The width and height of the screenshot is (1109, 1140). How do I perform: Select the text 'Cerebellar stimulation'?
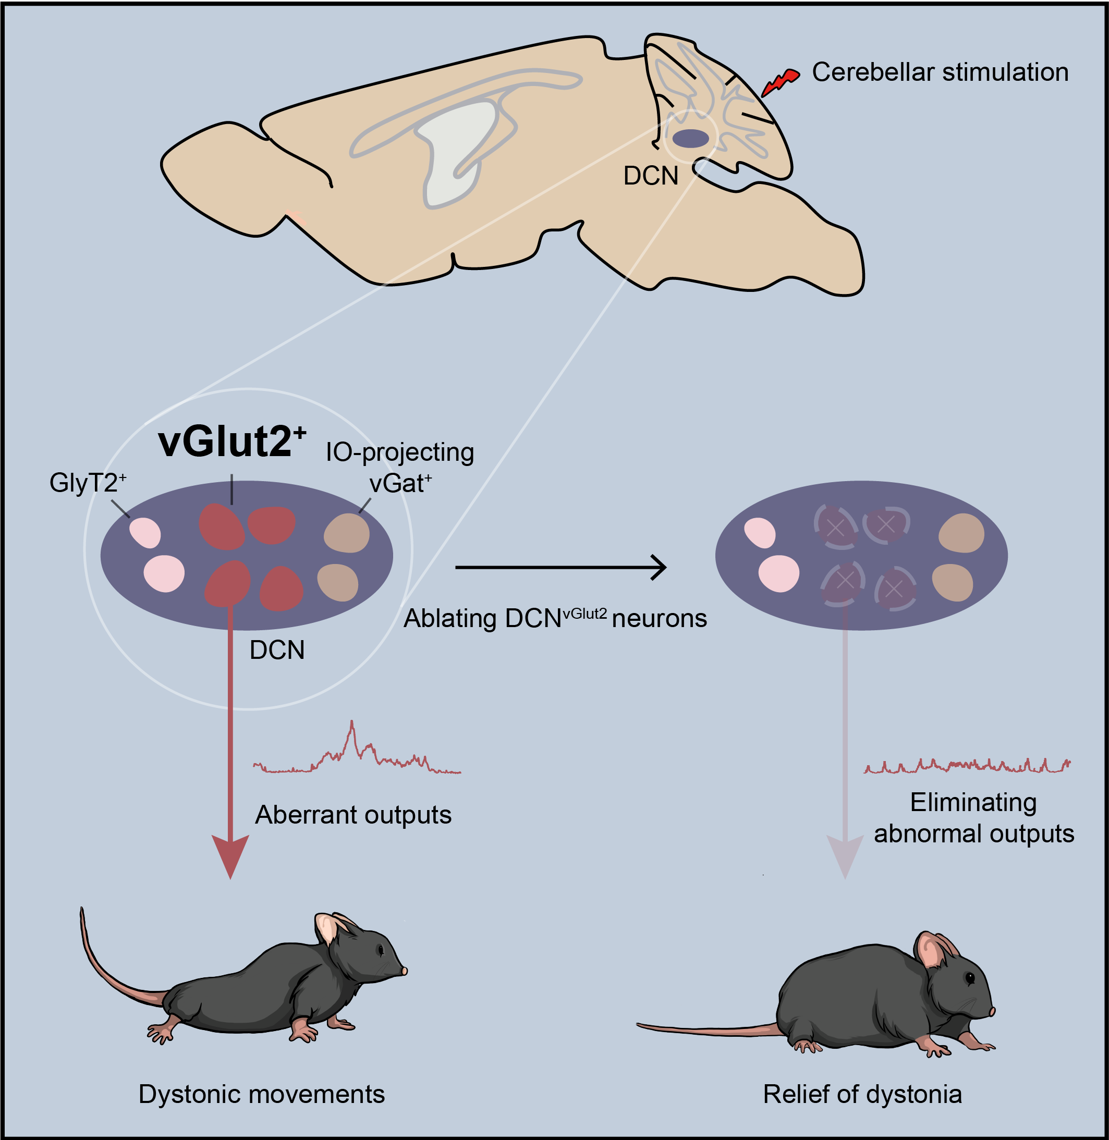coord(940,72)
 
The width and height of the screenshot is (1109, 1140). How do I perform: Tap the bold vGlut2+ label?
coord(232,442)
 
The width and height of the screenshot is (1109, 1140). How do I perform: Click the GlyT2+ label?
coord(88,483)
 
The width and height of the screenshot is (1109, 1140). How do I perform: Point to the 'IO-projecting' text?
coord(399,452)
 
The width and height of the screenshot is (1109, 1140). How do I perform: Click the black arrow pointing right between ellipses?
coord(560,567)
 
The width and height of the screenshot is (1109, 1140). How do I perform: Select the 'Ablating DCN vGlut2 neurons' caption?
coord(555,618)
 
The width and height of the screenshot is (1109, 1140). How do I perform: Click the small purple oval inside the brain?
coord(691,139)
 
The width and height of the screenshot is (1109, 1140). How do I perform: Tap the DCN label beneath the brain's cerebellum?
coord(651,176)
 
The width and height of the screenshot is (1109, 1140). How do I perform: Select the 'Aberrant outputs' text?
coord(353,815)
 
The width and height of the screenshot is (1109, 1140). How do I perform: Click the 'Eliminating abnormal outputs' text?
coord(973,818)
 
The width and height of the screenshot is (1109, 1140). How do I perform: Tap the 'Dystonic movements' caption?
coord(262,1094)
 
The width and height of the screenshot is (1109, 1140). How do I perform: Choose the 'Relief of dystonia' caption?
coord(862,1094)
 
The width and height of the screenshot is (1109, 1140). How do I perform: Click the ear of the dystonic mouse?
coord(326,929)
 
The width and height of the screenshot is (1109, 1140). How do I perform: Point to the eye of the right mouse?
coord(970,979)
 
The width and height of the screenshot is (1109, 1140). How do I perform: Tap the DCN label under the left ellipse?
coord(277,651)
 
